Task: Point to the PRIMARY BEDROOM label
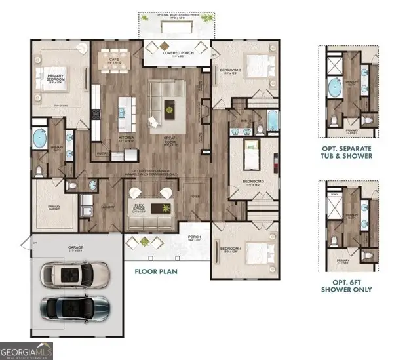[58, 79]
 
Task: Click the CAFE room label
[113, 61]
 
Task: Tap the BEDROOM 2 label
[231, 71]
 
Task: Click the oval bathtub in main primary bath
[40, 139]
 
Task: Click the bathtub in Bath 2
[272, 121]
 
